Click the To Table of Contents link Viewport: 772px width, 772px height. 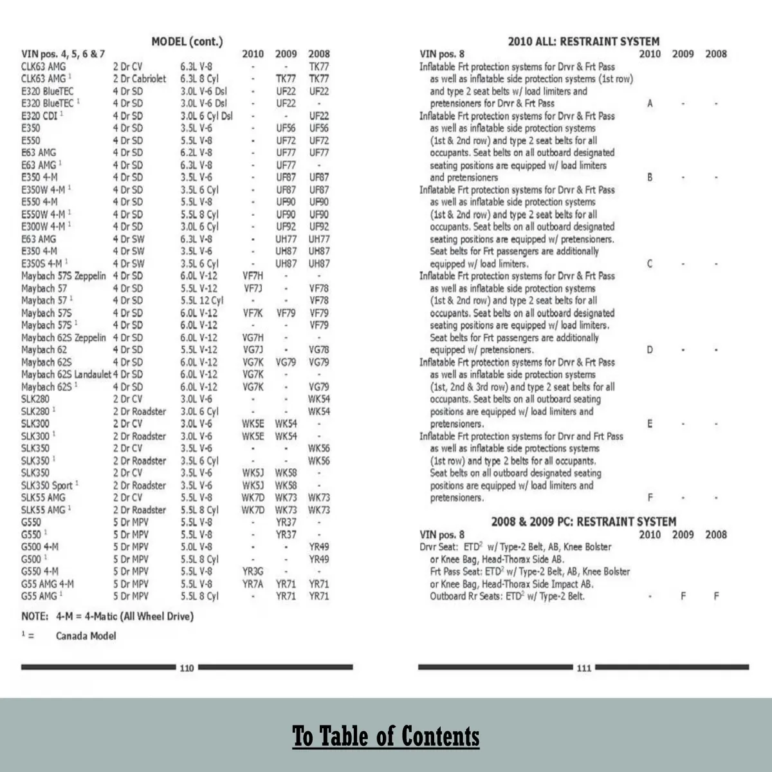386,736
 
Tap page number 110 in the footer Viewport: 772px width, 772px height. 187,668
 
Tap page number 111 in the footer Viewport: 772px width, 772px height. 584,668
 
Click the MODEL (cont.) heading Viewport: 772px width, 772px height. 187,42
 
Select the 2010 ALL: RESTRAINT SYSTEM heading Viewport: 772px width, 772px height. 584,42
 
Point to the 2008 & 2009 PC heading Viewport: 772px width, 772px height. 584,522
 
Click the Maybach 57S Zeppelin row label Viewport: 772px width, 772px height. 64,276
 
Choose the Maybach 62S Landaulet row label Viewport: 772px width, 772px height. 66,374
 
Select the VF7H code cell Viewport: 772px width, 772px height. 253,276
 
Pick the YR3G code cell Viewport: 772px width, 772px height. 253,571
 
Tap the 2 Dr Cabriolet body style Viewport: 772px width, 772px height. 140,79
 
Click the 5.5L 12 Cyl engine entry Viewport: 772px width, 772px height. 202,301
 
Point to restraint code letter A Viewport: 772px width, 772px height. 650,103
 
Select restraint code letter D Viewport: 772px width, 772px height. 650,350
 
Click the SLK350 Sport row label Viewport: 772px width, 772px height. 47,485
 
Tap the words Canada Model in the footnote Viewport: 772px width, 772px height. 86,636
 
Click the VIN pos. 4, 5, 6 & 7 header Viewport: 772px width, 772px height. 63,54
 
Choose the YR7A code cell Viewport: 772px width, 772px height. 253,584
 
